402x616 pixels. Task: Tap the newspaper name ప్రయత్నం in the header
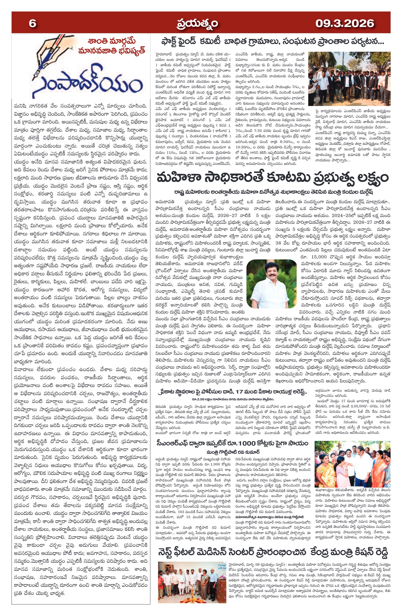click(197, 24)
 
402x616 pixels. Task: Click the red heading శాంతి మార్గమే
click(111, 42)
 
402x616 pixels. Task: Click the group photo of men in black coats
click(349, 79)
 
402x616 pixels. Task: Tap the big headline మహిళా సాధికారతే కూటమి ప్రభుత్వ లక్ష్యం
click(272, 178)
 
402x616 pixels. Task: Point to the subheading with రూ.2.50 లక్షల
click(231, 399)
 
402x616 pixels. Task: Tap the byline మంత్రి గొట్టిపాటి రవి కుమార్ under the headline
click(233, 452)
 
